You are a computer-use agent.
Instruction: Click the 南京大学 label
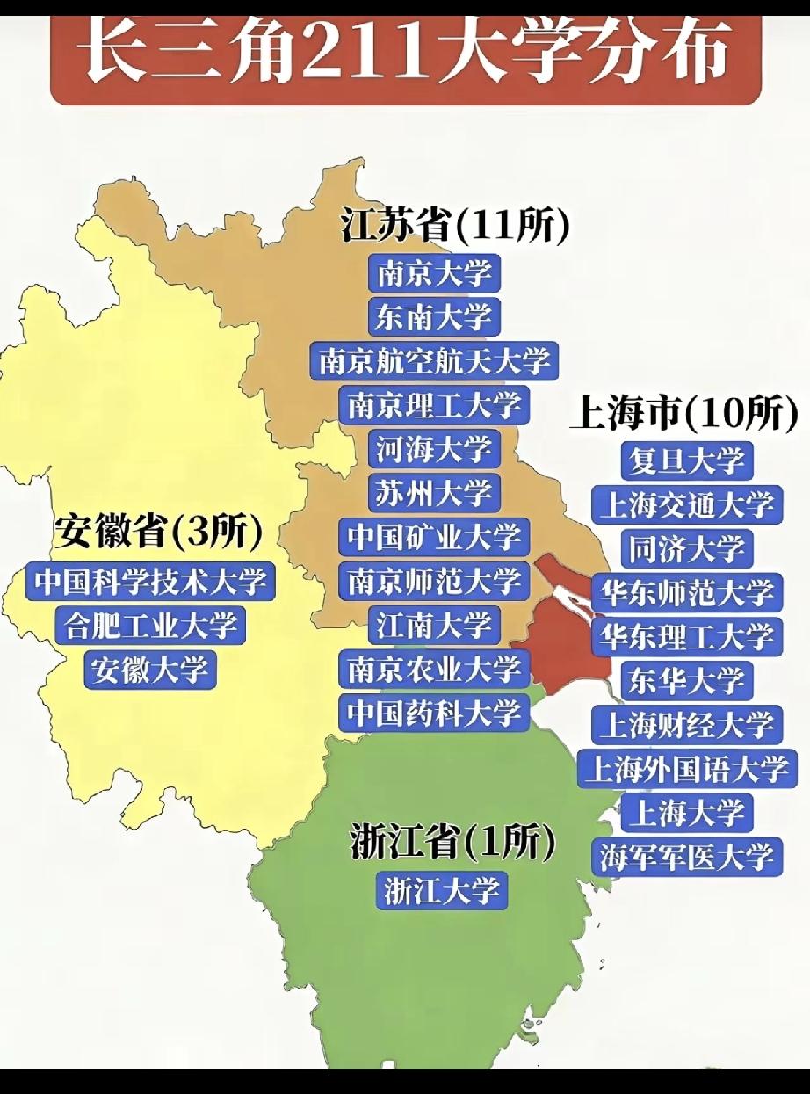(x=433, y=272)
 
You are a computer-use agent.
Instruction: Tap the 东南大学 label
(x=433, y=316)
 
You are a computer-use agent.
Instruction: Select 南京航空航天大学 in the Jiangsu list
(x=434, y=360)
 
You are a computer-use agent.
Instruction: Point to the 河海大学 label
(x=433, y=448)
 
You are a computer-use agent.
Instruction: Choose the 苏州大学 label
(x=433, y=492)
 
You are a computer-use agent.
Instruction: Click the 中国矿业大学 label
(x=434, y=537)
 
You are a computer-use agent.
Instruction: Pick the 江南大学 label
(x=433, y=625)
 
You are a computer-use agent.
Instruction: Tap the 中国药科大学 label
(x=434, y=713)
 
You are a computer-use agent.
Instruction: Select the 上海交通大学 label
(x=686, y=504)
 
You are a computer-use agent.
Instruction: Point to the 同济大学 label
(x=686, y=548)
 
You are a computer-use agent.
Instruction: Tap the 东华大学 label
(x=686, y=680)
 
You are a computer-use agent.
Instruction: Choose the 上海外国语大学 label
(x=686, y=769)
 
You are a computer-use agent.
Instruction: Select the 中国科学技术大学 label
(x=150, y=581)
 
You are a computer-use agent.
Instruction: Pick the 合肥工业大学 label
(x=150, y=625)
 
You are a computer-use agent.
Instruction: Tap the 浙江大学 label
(x=443, y=890)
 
